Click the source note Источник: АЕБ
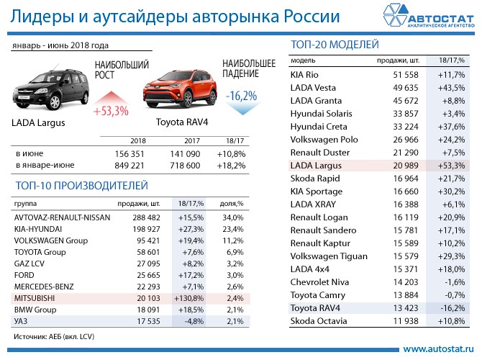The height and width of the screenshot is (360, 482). (55, 336)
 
